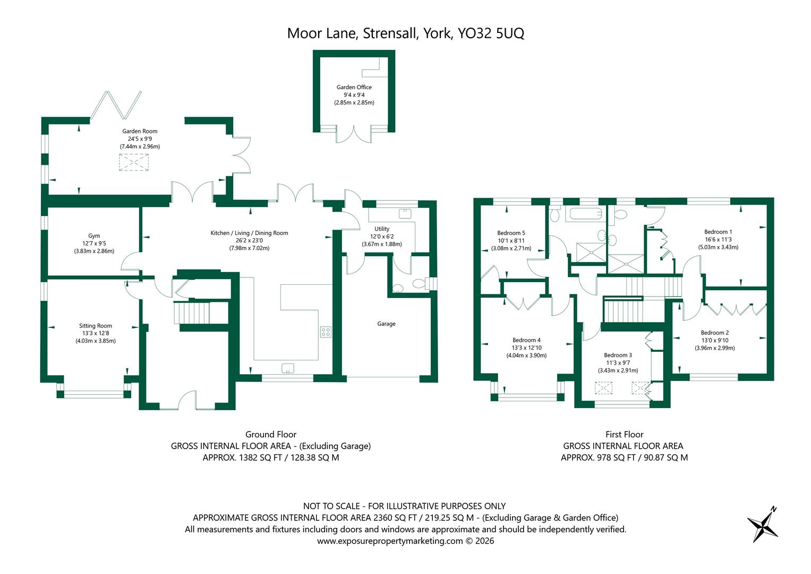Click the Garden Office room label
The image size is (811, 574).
tap(354, 87)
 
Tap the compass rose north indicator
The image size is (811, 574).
tap(763, 523)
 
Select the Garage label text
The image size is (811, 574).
tap(386, 324)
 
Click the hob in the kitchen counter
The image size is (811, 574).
tap(326, 332)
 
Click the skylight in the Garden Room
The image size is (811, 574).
tap(134, 162)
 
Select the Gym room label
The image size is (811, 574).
tap(94, 236)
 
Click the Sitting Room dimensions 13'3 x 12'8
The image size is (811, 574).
tap(96, 333)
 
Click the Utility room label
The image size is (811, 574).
tap(382, 229)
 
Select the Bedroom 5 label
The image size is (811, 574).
tap(511, 233)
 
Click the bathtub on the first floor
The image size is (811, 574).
tap(584, 215)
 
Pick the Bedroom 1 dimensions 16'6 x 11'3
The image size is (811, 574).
tap(718, 239)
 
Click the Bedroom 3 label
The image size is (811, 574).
tap(618, 355)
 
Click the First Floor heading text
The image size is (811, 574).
tap(624, 434)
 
